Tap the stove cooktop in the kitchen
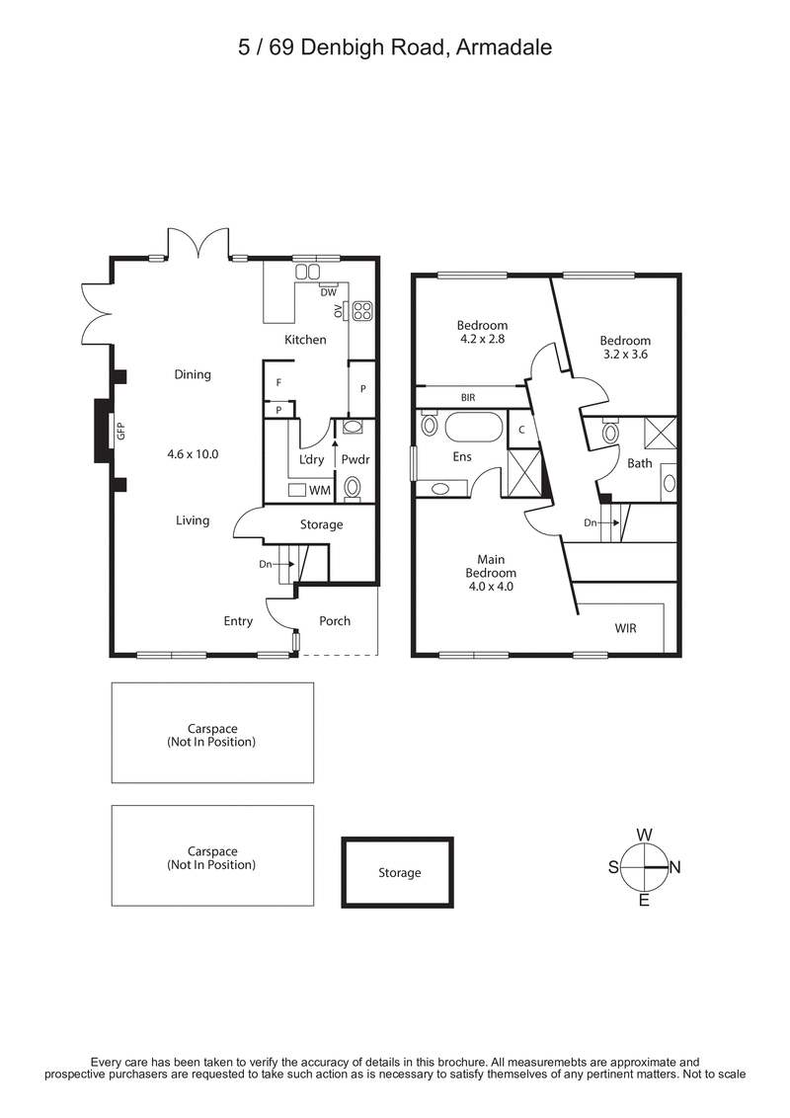click(x=362, y=311)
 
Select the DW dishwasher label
click(x=329, y=291)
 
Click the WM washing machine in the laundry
click(x=319, y=490)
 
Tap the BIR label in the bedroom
click(x=468, y=398)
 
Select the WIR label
click(x=625, y=627)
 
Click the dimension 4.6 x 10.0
click(x=193, y=455)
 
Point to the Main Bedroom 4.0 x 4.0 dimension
click(x=490, y=586)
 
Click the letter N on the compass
click(x=675, y=867)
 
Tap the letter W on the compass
click(x=644, y=834)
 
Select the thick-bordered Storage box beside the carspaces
click(x=398, y=872)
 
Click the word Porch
click(x=334, y=621)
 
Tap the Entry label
click(x=238, y=621)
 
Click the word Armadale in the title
click(x=505, y=46)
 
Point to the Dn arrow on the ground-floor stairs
click(x=270, y=564)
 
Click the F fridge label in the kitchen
click(x=279, y=382)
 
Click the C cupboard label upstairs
click(x=521, y=430)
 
